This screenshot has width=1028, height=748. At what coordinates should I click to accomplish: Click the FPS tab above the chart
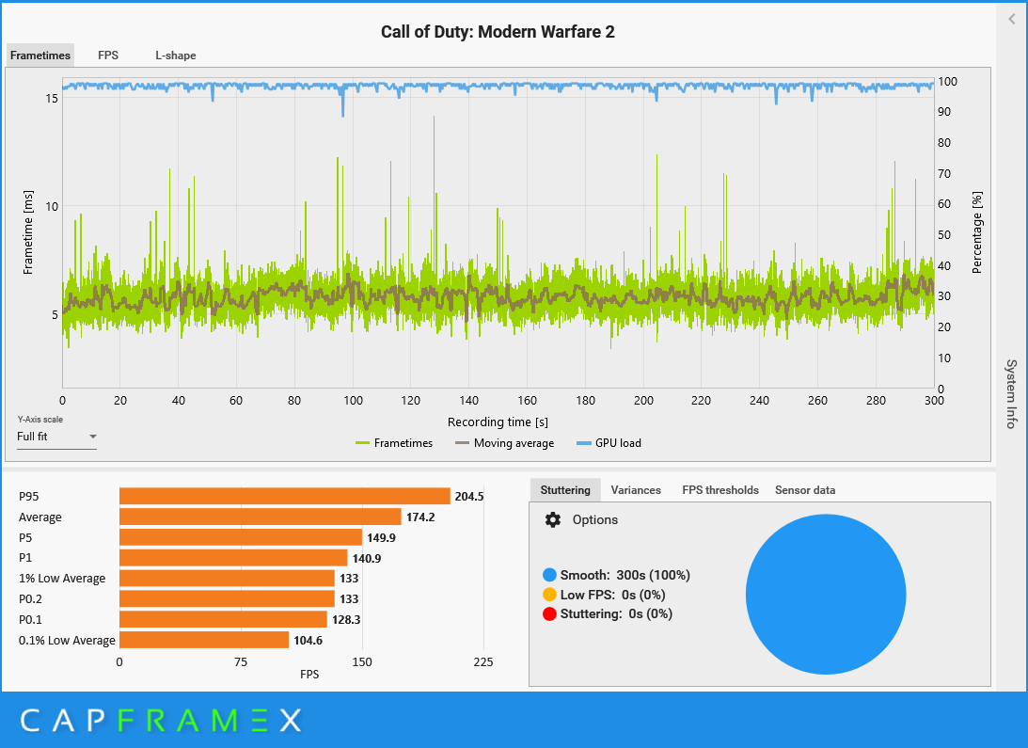108,56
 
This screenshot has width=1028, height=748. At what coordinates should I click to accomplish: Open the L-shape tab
176,56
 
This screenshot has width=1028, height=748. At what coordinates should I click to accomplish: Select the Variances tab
636,490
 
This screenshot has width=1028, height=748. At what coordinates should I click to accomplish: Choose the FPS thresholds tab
720,490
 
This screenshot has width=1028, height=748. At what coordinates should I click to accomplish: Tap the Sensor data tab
805,490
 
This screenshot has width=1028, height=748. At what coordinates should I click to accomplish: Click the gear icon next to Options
553,520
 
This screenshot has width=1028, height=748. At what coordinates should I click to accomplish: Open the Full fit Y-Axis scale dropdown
57,437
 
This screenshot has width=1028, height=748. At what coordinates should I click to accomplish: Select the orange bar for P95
284,497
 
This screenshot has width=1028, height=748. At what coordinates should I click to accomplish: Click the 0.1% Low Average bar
203,640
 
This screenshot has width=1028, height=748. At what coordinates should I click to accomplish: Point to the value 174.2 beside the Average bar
419,517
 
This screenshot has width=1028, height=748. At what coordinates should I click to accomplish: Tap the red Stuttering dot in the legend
549,613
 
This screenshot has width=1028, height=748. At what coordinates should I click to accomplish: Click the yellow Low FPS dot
549,595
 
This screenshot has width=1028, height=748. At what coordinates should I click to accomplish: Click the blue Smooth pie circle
826,595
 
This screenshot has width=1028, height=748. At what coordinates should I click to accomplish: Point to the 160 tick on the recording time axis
528,401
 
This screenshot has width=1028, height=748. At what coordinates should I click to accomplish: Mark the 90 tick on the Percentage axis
945,112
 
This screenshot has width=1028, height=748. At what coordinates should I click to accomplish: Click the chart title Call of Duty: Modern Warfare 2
498,32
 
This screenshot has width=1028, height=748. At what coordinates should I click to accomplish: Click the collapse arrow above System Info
1012,19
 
